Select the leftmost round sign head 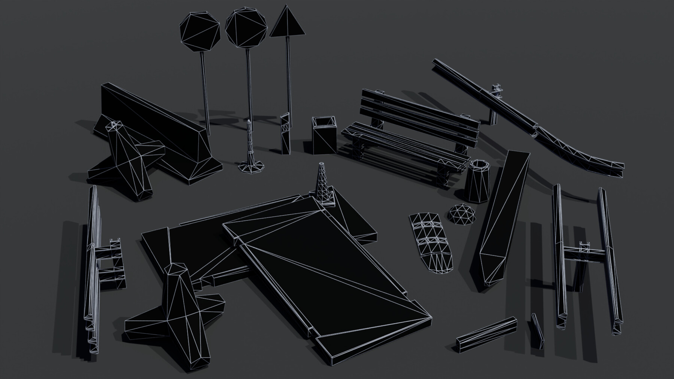(200, 31)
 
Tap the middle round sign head (246, 28)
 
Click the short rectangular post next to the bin (285, 135)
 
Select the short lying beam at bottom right (486, 334)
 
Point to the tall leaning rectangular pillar (504, 221)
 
